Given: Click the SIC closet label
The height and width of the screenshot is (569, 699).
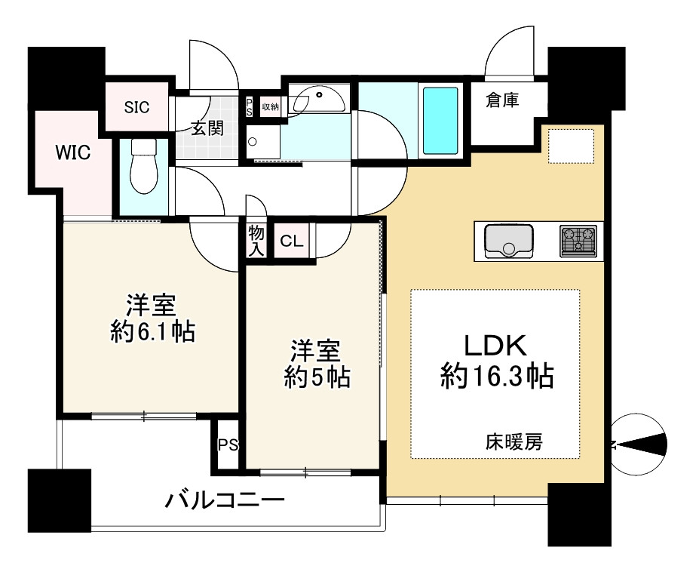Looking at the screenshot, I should pyautogui.click(x=137, y=106).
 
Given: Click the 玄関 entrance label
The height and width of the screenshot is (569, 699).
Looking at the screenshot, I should pyautogui.click(x=206, y=128).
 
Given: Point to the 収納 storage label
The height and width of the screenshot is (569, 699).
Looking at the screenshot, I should pyautogui.click(x=270, y=107).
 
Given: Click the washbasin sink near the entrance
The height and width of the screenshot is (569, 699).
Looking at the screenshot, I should pyautogui.click(x=320, y=99).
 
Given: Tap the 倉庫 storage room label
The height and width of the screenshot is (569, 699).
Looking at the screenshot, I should pyautogui.click(x=502, y=99).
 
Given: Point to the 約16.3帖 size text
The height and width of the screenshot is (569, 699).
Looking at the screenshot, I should pyautogui.click(x=497, y=375).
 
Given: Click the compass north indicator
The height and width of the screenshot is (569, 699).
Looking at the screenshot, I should pyautogui.click(x=640, y=445).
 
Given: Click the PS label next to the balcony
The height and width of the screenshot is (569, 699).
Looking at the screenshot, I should pyautogui.click(x=227, y=445).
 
